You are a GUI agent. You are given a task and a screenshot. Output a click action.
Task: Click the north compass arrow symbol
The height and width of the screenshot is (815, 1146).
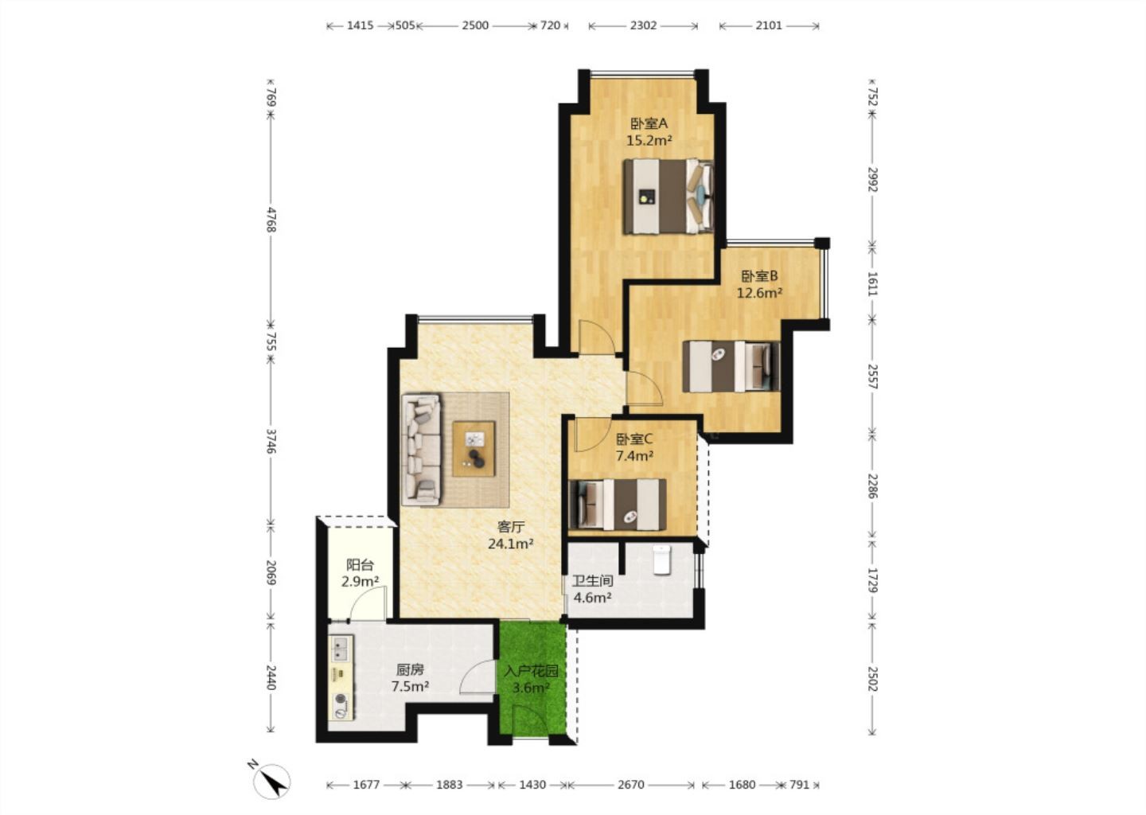[x=271, y=781]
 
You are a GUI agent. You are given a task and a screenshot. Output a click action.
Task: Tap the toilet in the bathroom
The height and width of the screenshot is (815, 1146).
[x=661, y=560]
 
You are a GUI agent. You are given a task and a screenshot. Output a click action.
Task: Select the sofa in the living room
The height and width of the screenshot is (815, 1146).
[x=422, y=450]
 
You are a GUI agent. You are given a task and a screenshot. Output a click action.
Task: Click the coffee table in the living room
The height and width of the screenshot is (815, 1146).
[x=474, y=449]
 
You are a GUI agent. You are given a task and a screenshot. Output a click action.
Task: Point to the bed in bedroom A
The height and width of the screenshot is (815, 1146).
[x=668, y=197]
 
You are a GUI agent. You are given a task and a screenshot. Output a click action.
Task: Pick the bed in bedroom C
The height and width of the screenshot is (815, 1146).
[x=618, y=505]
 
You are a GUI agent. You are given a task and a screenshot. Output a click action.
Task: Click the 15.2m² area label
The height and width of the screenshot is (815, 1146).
[x=649, y=140]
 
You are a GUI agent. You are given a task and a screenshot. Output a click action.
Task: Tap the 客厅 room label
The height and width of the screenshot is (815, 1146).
[x=511, y=527]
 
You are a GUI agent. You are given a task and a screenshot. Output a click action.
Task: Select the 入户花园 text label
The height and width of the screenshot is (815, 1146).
[x=531, y=671]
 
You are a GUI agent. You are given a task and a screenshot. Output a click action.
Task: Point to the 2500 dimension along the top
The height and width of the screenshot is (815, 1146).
[x=475, y=25]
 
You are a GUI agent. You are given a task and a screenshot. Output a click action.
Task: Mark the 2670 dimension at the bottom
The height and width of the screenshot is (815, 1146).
[x=631, y=784]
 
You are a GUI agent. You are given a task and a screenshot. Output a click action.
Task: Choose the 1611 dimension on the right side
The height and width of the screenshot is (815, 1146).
[x=872, y=283]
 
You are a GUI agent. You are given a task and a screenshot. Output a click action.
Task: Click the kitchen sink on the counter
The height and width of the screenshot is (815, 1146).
[x=340, y=648]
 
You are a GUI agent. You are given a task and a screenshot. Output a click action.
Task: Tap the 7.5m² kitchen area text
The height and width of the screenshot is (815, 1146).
[x=411, y=686]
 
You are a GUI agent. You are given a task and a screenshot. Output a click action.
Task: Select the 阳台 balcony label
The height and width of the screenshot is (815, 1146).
[x=361, y=565]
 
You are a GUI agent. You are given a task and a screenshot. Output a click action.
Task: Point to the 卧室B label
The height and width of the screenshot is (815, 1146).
[x=760, y=276]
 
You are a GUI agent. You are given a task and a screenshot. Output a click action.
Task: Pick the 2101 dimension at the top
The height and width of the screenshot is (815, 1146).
[x=769, y=25]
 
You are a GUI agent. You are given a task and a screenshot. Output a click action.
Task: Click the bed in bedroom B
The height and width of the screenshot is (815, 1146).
[x=731, y=366]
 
